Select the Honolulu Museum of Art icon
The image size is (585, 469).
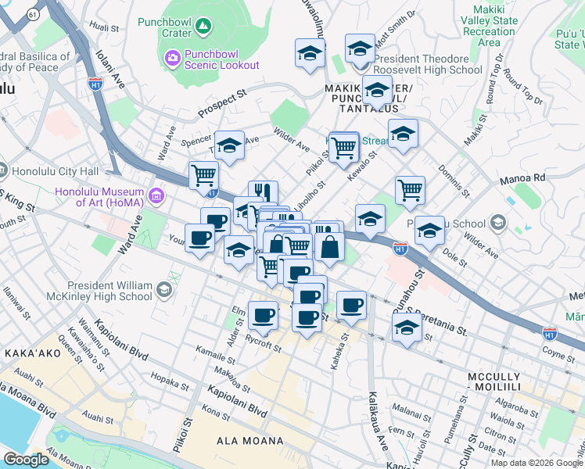click(156, 193)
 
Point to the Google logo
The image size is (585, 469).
click(26, 459)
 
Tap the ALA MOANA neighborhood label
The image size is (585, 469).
click(249, 441)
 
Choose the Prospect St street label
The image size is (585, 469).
click(221, 103)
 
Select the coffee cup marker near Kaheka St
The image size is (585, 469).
click(351, 304)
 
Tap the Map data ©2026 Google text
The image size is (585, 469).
click(537, 463)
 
